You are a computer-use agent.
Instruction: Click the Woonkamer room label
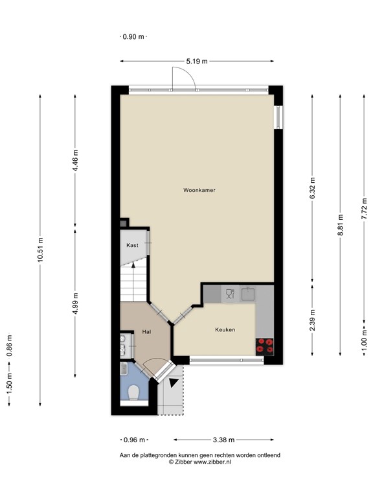pos(199,191)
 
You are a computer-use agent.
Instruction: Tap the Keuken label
pos(225,329)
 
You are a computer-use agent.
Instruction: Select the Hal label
pos(146,332)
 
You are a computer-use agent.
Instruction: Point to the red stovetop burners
pos(265,346)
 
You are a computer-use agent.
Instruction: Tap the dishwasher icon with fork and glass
pos(229,294)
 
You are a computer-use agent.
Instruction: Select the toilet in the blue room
pos(134,392)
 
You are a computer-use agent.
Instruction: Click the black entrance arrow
pos(173,383)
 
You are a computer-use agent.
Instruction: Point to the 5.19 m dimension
pos(197,62)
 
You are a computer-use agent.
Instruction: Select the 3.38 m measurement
pos(223,440)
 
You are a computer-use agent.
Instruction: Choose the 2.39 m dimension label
pos(313,320)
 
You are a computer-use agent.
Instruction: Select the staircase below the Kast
pos(134,283)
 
